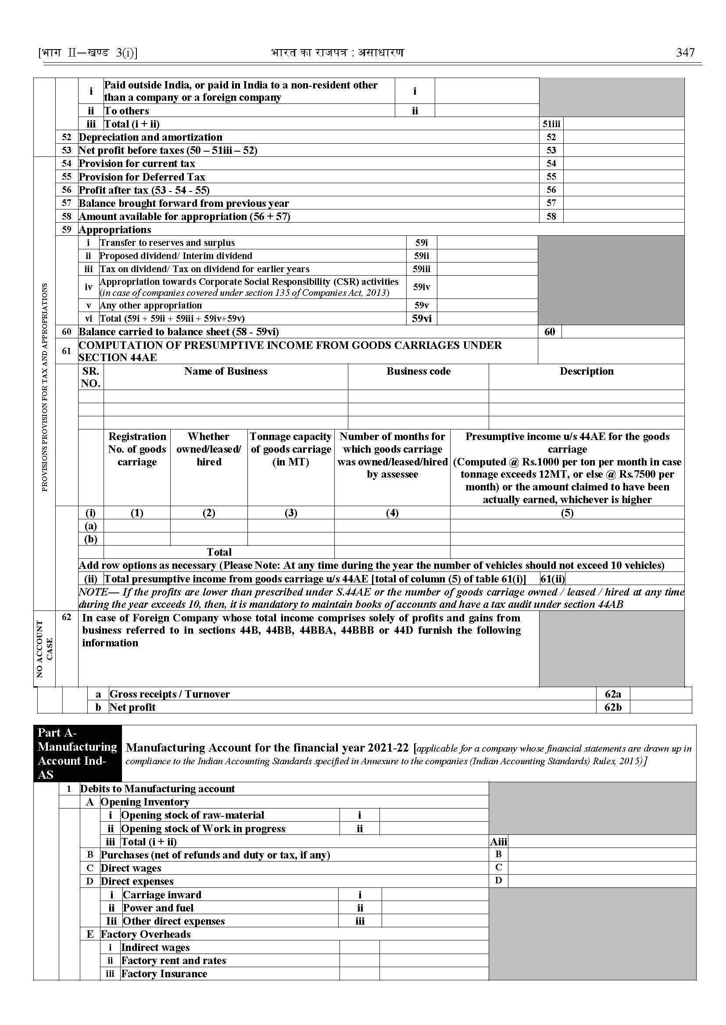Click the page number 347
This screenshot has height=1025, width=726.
[685, 53]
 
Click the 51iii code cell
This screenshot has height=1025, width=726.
[551, 124]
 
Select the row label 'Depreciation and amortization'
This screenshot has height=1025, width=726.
[150, 137]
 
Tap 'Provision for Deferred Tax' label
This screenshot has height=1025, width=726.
[142, 177]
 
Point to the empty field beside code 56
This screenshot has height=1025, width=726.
[623, 190]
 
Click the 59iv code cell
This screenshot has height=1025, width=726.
[421, 287]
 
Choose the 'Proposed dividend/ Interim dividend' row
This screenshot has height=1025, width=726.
[176, 256]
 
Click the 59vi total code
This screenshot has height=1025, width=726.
[421, 319]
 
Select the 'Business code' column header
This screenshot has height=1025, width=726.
[418, 371]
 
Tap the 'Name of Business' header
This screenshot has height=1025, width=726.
[225, 371]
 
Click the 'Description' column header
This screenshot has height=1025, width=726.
[586, 371]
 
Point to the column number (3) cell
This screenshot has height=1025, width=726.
[290, 513]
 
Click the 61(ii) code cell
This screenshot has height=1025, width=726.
[552, 579]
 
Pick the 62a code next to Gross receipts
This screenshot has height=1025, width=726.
[612, 694]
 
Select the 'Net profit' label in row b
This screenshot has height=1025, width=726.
[132, 707]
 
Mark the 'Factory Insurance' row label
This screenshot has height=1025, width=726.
[164, 974]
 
